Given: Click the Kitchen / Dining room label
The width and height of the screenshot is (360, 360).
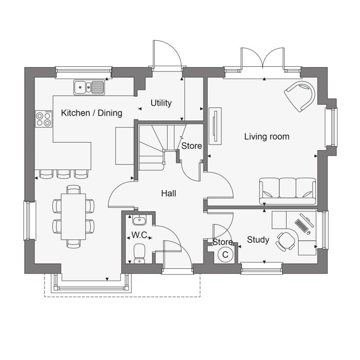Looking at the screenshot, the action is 92,113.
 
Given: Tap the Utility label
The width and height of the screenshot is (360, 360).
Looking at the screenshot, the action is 161,103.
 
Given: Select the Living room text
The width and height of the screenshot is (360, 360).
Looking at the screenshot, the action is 266,137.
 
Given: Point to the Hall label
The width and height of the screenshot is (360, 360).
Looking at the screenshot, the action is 168,193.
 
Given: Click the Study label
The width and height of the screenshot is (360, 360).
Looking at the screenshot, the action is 258,240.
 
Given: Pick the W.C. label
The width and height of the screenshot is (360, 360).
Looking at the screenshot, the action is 140,235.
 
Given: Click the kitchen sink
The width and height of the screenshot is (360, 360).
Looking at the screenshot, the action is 89,87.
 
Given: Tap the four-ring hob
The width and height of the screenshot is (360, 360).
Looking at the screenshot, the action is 44,119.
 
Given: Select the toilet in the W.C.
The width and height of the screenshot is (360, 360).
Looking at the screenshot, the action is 139,253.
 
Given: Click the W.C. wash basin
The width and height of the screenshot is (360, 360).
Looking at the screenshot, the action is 139,220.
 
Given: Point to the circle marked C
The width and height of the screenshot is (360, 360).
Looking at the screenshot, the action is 225,254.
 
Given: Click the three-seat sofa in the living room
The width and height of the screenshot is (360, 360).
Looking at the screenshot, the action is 288,191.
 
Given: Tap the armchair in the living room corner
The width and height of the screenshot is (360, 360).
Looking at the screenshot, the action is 300,96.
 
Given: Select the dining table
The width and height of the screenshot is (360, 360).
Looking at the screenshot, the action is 73,216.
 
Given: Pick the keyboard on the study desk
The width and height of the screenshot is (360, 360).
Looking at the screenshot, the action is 301,226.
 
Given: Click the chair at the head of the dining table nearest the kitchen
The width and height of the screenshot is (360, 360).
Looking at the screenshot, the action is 73,190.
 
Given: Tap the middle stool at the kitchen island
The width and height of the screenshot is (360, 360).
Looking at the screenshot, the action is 63,174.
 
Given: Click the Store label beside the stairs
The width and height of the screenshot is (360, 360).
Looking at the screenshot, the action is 192,146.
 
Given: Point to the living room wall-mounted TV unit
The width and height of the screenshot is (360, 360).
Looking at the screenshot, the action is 215,126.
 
